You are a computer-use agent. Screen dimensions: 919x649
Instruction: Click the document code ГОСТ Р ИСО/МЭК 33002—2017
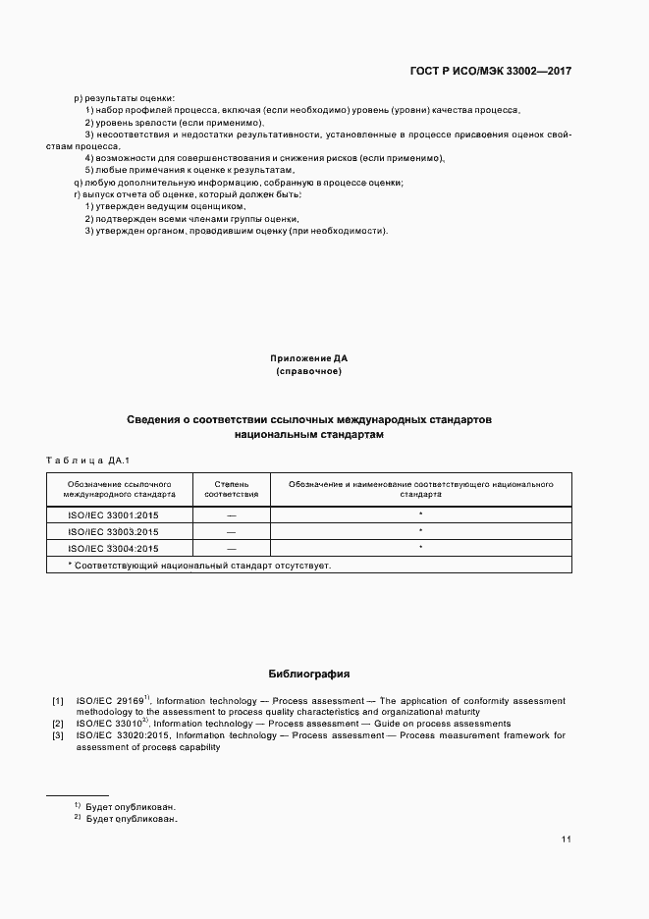[490, 72]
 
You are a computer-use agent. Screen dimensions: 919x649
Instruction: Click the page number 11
[567, 839]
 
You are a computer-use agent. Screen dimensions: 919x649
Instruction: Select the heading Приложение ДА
[309, 358]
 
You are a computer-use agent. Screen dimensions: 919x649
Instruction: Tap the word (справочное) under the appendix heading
[309, 372]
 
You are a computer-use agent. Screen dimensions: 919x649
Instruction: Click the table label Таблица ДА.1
[88, 460]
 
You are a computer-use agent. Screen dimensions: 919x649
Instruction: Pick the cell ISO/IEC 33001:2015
[113, 514]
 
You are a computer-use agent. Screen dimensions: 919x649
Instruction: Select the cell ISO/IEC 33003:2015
[113, 531]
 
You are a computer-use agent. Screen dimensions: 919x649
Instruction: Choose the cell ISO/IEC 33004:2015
[113, 548]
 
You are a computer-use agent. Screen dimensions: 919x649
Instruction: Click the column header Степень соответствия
[231, 490]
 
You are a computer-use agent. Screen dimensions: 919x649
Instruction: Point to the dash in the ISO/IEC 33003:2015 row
[231, 531]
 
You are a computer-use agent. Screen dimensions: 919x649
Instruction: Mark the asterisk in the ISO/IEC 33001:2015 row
[420, 514]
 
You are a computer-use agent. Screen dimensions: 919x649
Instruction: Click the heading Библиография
[309, 675]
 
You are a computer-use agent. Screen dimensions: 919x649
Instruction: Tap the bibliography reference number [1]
[58, 701]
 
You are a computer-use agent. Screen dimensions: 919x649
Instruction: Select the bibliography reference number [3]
[58, 735]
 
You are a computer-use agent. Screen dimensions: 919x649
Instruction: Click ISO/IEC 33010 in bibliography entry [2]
[107, 724]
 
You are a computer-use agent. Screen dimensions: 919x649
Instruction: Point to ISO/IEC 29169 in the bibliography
[109, 701]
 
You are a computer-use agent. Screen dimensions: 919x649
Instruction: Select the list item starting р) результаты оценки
[125, 98]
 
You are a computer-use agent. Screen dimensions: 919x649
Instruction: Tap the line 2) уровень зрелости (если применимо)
[174, 122]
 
